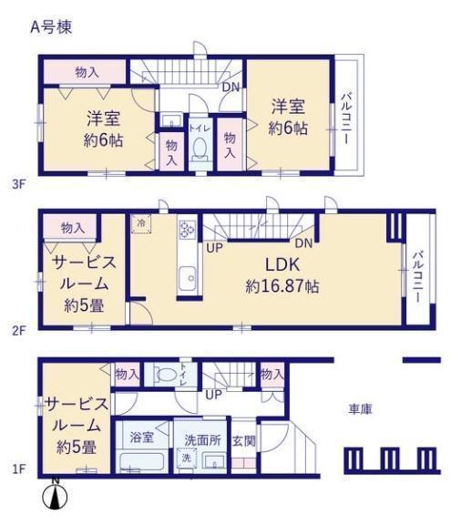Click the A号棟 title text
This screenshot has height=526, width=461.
(x=51, y=27)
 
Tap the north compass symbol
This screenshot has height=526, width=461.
(x=56, y=496)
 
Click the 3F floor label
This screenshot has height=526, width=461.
(x=18, y=184)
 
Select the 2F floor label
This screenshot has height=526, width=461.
(x=19, y=331)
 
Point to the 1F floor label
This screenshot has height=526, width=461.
(x=19, y=469)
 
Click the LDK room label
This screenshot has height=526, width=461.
(x=282, y=265)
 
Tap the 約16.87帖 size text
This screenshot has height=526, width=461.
(x=282, y=286)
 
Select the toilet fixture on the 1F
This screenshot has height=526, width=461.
(x=164, y=374)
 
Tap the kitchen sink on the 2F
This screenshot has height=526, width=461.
(x=188, y=278)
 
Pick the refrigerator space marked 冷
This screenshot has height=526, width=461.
(x=141, y=222)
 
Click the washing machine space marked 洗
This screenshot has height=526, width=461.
(x=187, y=458)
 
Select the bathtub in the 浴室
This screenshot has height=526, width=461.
(x=142, y=462)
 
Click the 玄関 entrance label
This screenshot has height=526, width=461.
(x=244, y=441)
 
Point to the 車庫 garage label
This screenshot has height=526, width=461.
(x=361, y=409)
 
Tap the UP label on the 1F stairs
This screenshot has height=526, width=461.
(x=213, y=395)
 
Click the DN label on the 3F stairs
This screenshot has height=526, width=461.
(x=231, y=88)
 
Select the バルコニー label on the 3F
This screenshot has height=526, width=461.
(x=347, y=119)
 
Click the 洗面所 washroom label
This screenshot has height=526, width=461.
(x=202, y=440)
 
